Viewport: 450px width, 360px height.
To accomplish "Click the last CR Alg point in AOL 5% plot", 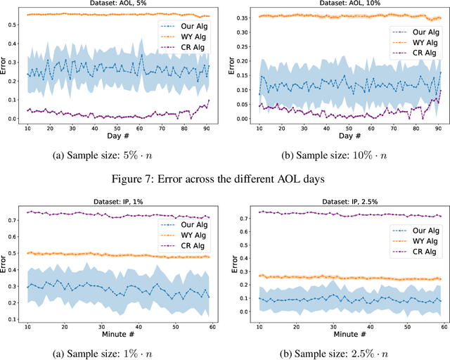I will (x=208, y=101).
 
